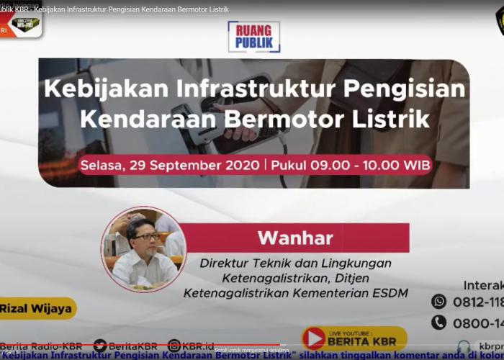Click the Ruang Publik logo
point(253,37)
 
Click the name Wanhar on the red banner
point(295,238)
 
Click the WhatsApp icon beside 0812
point(439,301)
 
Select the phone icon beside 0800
point(439,323)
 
